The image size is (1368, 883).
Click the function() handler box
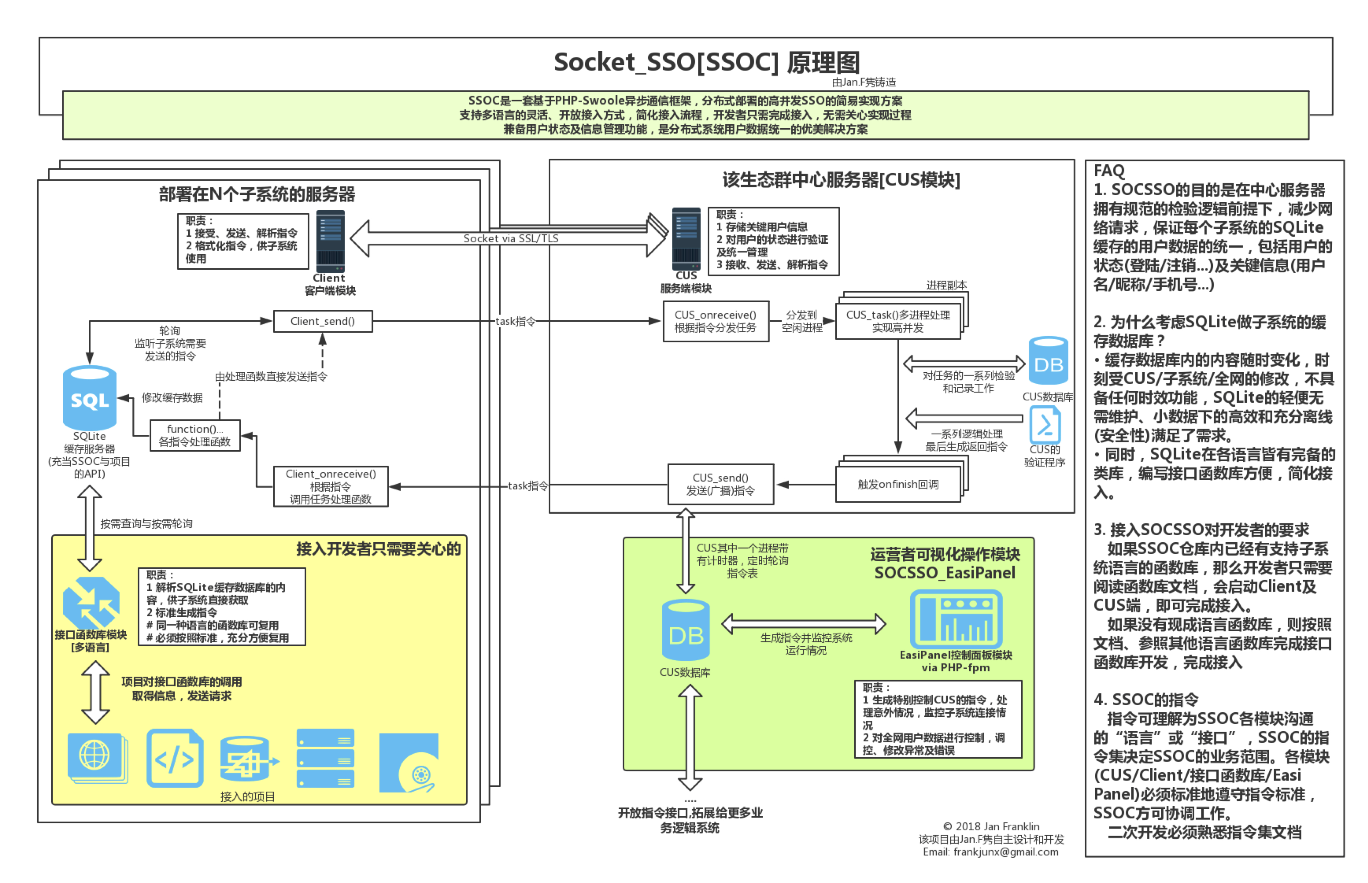pos(195,435)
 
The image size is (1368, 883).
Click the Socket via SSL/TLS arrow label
pos(510,239)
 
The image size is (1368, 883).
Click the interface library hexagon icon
pos(91,603)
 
